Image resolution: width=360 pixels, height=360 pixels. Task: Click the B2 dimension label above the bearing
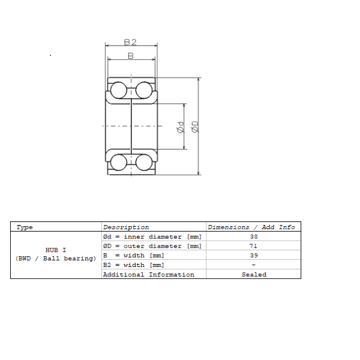(x=130, y=42)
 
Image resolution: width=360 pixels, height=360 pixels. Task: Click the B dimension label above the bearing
(x=131, y=56)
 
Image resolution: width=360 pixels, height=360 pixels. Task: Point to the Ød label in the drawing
(x=181, y=127)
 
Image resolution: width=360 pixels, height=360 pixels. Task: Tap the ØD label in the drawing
(x=194, y=127)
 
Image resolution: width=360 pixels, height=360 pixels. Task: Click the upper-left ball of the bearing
(x=119, y=90)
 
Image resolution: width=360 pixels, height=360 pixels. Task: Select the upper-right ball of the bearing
(x=144, y=90)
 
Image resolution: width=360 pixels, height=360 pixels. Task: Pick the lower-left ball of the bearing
(x=119, y=163)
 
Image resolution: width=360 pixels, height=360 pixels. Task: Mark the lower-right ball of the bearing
(x=144, y=163)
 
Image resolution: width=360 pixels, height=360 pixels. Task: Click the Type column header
(x=25, y=227)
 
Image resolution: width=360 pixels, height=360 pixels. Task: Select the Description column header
(x=126, y=227)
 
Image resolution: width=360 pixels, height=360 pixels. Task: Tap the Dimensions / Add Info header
(x=251, y=227)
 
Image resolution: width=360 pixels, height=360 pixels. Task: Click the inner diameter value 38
(x=254, y=237)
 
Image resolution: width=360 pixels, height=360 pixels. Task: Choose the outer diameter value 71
(x=253, y=246)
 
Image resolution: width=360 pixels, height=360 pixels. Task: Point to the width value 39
(x=254, y=256)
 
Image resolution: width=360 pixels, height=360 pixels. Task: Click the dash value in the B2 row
(x=253, y=265)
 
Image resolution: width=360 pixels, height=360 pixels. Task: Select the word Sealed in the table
(x=254, y=275)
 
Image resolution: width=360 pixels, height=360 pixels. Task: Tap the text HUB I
(x=56, y=250)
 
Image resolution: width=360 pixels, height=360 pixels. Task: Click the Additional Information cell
(x=149, y=275)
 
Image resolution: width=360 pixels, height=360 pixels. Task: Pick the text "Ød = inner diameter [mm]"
(x=152, y=237)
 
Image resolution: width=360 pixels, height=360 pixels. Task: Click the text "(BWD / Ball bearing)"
(x=56, y=259)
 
